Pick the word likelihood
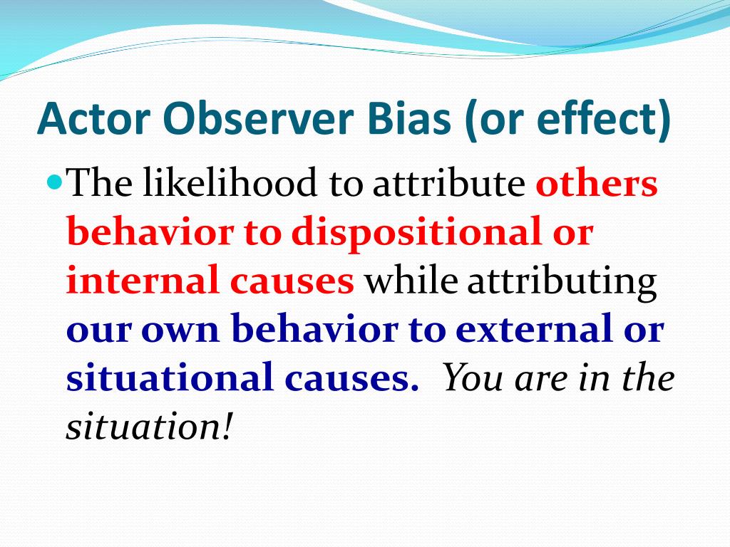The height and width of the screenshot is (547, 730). [230, 182]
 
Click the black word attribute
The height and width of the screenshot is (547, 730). [449, 183]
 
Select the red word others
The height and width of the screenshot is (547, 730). [597, 182]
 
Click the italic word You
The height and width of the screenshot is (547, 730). [473, 377]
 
